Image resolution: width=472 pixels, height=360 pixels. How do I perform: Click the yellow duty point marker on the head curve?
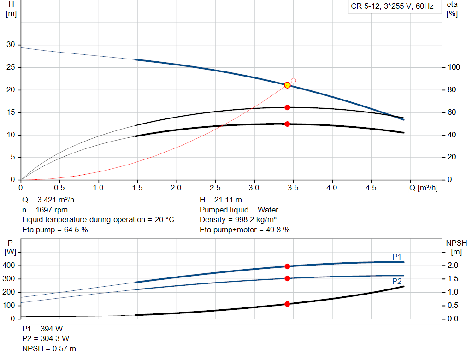tap(287, 85)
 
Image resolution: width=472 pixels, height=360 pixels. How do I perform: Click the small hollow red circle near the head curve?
tap(293, 81)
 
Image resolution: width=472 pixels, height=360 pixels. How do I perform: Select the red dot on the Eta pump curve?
tap(287, 107)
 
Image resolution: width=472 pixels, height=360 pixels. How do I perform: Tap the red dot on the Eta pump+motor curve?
tap(287, 124)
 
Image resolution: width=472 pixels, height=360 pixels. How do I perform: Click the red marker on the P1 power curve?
tap(287, 266)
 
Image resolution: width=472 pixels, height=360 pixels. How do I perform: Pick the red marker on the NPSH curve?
tap(287, 304)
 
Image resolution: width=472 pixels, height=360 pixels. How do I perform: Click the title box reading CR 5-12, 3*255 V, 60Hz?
tap(392, 7)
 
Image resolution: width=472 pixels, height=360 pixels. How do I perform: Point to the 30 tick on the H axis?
tap(10, 45)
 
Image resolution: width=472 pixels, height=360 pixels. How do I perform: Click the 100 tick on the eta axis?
tap(454, 67)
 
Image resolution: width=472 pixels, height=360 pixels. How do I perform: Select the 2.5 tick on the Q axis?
tap(215, 188)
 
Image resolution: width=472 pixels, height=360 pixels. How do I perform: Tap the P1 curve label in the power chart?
tap(397, 256)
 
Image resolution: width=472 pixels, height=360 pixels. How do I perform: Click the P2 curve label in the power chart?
tap(397, 281)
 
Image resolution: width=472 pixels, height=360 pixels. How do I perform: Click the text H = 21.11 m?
tap(221, 200)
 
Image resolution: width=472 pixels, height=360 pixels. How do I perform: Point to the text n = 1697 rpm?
tap(45, 210)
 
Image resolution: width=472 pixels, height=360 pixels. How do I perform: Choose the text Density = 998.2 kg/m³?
tap(238, 219)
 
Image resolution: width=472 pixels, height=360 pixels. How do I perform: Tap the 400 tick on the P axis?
tap(10, 266)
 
